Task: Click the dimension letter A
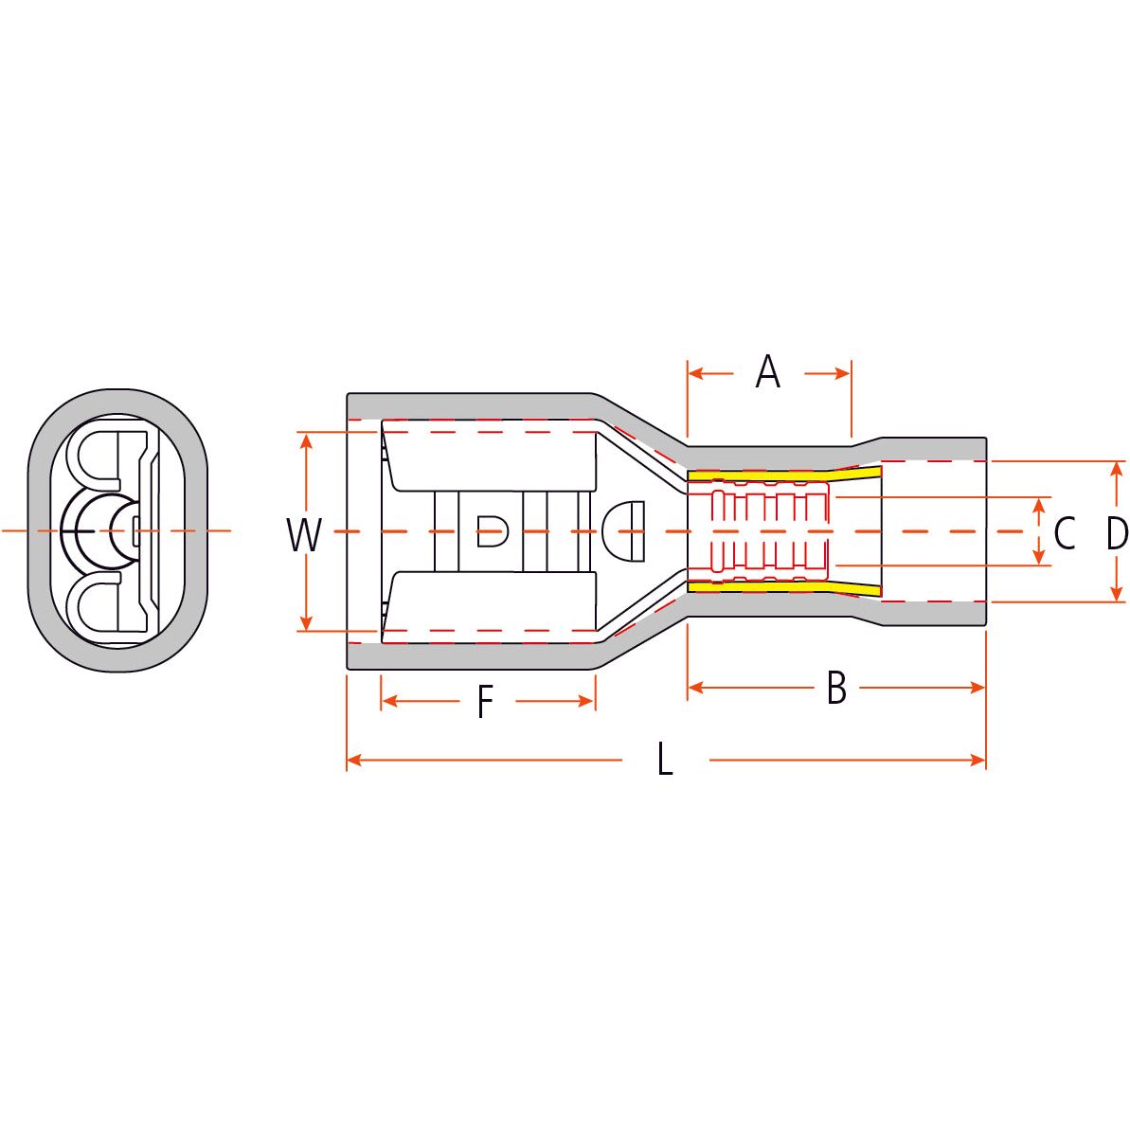coord(767,372)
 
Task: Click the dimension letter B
coord(835,689)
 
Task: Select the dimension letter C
coord(1064,533)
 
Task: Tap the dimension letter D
coord(1117,533)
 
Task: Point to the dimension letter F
coord(485,703)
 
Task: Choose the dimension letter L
coord(665,760)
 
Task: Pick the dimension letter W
coord(304,535)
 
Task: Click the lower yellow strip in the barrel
coord(777,588)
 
